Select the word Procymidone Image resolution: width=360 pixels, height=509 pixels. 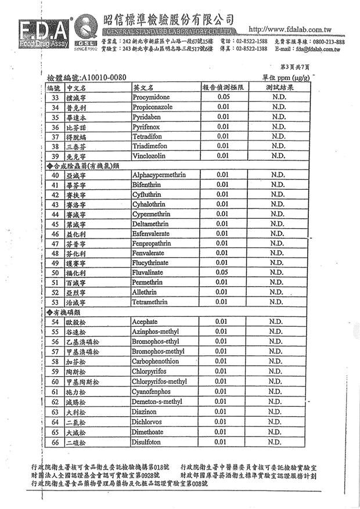click(x=152, y=98)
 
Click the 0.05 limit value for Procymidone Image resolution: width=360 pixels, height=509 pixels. click(x=224, y=97)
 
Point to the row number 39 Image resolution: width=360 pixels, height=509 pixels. click(x=55, y=156)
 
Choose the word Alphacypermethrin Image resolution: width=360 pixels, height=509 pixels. click(x=158, y=175)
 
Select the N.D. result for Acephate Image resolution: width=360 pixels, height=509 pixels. click(x=277, y=322)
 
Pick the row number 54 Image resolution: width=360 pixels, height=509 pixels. click(x=55, y=322)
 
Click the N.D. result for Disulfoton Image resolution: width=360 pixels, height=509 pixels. click(x=277, y=442)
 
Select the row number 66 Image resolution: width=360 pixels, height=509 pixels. click(x=55, y=442)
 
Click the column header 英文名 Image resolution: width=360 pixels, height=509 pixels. click(x=143, y=87)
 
